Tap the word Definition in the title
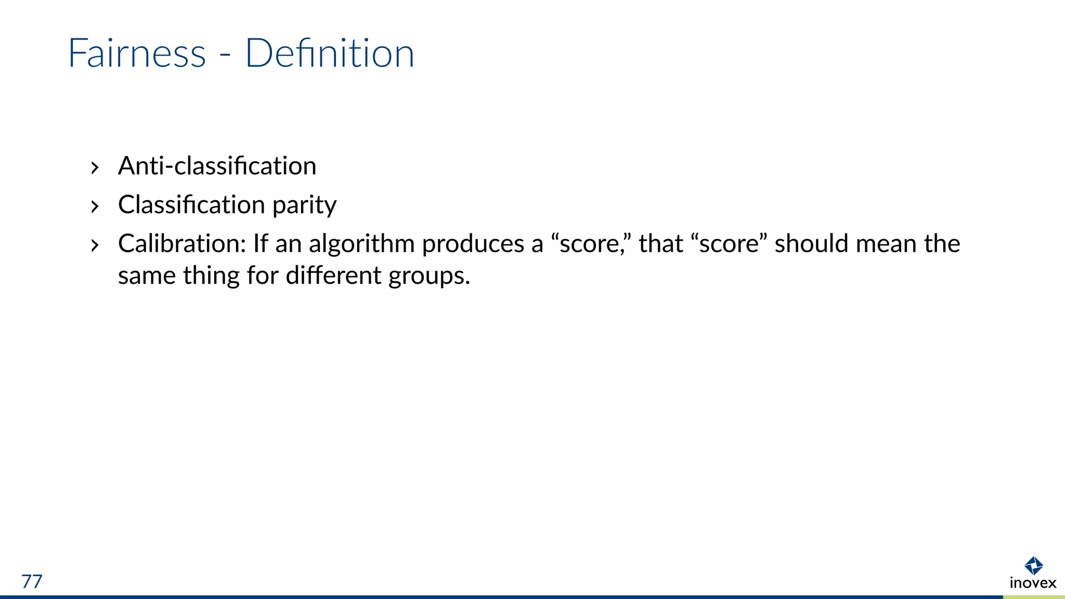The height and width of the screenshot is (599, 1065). pyautogui.click(x=330, y=53)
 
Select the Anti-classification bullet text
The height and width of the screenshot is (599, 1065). pyautogui.click(x=217, y=166)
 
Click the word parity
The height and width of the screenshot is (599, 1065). pyautogui.click(x=304, y=205)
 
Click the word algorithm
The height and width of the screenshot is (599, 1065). pyautogui.click(x=361, y=244)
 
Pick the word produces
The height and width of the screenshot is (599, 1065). pyautogui.click(x=473, y=244)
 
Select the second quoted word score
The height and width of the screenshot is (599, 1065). pyautogui.click(x=729, y=243)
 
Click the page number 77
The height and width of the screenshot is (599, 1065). pyautogui.click(x=32, y=581)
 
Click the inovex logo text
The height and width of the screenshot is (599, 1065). pyautogui.click(x=1033, y=583)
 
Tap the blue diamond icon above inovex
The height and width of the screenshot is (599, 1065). pyautogui.click(x=1033, y=565)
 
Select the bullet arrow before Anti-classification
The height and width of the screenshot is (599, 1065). pyautogui.click(x=94, y=168)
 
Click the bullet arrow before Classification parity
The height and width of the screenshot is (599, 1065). pyautogui.click(x=94, y=206)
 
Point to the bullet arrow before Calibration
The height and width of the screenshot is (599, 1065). pyautogui.click(x=94, y=245)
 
